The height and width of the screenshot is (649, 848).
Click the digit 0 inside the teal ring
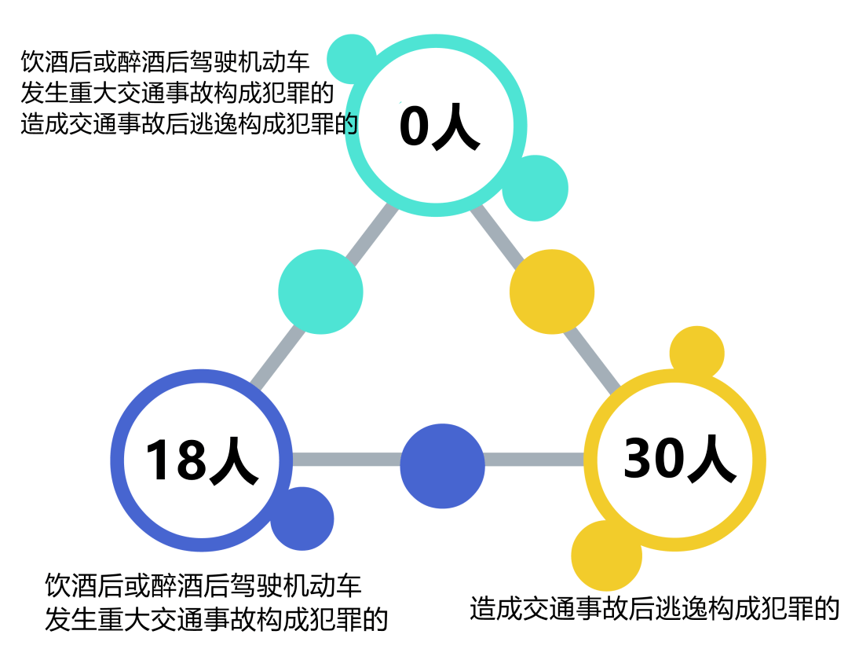(x=414, y=125)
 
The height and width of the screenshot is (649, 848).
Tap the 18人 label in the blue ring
(x=201, y=460)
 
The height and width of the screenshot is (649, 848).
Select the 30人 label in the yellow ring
(x=679, y=458)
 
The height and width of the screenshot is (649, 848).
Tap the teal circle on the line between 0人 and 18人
(x=320, y=291)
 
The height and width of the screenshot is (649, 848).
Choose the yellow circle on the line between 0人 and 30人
(x=552, y=291)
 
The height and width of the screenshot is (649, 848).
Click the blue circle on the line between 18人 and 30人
(x=442, y=466)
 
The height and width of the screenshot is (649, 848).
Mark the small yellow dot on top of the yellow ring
(x=697, y=352)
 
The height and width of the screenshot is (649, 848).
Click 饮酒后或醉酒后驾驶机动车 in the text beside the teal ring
(x=166, y=62)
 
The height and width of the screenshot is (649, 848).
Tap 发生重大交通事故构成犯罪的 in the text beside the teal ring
(x=177, y=93)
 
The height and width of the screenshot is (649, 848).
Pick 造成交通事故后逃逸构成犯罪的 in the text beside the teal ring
(x=189, y=123)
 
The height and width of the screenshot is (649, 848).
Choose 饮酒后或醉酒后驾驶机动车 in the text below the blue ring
(x=203, y=585)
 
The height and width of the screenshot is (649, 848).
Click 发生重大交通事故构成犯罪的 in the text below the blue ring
(x=217, y=618)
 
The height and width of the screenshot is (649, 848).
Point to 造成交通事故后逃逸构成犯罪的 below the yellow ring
(x=654, y=608)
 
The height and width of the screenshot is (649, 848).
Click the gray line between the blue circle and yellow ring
(x=535, y=460)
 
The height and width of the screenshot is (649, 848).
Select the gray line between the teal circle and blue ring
(x=279, y=357)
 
